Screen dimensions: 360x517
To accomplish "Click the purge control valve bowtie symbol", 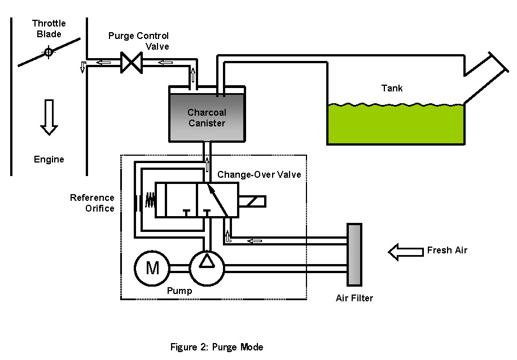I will point(131,62).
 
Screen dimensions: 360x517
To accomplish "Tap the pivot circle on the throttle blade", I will point(49,52).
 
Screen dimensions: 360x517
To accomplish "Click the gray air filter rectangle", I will point(354,254).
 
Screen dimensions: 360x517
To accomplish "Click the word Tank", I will point(392,88).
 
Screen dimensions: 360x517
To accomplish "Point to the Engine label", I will point(49,160).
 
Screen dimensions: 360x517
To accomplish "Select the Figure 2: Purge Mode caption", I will point(217,346).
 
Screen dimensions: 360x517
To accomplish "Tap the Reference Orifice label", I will point(93,203).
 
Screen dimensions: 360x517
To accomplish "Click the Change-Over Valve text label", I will point(259,175).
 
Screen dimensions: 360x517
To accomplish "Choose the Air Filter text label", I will point(354,298).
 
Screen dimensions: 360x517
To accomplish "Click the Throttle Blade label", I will point(49,28).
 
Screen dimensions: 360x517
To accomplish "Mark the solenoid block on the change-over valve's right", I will point(252,200).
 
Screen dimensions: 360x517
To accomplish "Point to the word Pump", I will point(179,291).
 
